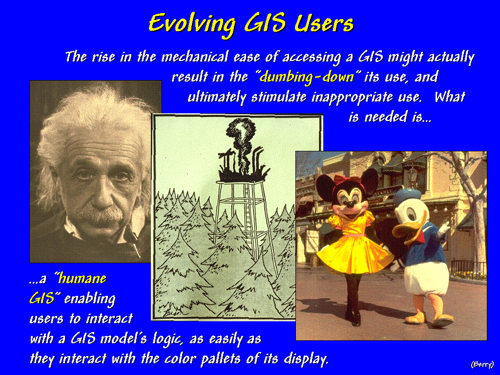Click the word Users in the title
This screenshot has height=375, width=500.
pos(324,23)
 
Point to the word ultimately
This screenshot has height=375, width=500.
pos(216,97)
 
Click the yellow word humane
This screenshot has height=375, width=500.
pos(82,278)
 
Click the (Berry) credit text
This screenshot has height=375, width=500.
pos(482,364)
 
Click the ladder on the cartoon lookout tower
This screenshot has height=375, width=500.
pos(250,220)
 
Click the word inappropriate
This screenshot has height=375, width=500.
pos(352,97)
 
